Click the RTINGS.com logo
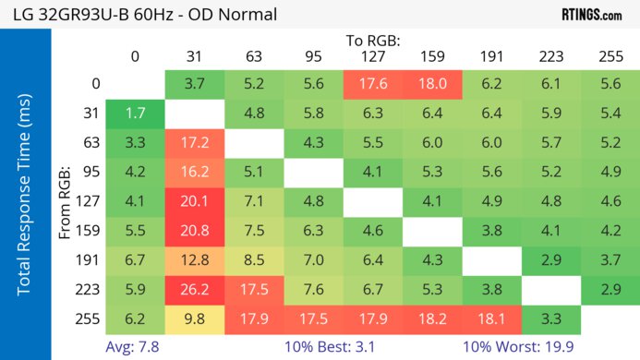click(x=591, y=15)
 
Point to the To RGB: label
click(x=373, y=41)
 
